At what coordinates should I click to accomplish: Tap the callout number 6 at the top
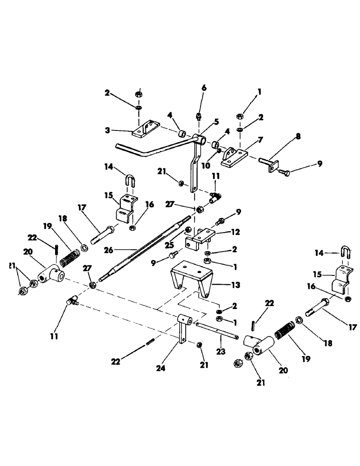(x=203, y=88)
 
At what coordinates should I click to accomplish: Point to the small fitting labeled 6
(x=198, y=116)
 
